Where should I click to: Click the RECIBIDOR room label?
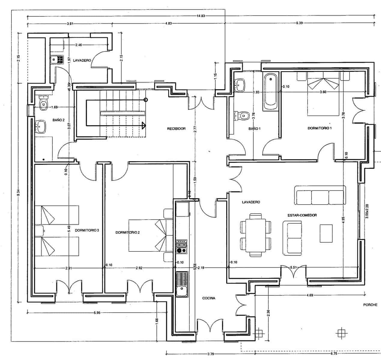point(176,129)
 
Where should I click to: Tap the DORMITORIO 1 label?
point(319,128)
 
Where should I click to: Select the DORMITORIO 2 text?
point(128,232)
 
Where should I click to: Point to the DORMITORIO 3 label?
point(87,230)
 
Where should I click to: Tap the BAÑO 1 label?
point(254,129)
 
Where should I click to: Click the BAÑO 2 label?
point(59,120)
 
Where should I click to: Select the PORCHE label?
point(370,305)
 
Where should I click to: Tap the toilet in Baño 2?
point(44,103)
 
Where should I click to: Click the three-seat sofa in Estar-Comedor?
point(320,195)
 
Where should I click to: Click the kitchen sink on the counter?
point(182,291)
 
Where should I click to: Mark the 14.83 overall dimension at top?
point(201,16)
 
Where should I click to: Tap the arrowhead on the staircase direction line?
point(144,125)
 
